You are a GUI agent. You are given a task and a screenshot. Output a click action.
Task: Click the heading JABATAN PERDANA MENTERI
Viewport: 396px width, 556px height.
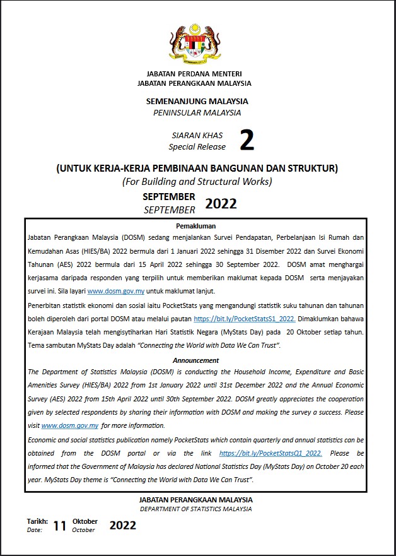[194, 74]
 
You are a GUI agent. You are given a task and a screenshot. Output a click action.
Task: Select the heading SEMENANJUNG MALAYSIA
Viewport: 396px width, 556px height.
[197, 101]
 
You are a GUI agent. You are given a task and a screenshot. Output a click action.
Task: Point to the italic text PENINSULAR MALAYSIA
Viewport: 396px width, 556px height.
[197, 112]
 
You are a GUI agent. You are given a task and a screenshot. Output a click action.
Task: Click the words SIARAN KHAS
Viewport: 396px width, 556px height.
[197, 136]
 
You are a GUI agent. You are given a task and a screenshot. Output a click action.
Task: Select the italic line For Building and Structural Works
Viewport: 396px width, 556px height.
[197, 182]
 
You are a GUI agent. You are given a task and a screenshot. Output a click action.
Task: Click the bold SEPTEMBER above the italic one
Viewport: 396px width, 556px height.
[169, 197]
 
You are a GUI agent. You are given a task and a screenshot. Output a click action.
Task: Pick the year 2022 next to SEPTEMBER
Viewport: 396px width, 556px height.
[221, 203]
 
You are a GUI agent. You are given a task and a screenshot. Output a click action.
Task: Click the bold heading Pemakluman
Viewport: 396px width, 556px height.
[195, 225]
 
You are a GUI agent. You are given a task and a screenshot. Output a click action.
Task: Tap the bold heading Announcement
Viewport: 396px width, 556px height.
[195, 360]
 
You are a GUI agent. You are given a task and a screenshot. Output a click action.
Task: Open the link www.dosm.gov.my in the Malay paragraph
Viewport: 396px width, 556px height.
[116, 291]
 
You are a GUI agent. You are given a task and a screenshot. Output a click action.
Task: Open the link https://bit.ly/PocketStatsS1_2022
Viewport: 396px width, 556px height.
[245, 319]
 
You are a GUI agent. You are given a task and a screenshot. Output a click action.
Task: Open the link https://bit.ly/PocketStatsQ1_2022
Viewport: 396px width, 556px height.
[271, 453]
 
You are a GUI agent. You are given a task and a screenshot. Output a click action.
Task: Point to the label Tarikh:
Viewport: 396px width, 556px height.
[37, 521]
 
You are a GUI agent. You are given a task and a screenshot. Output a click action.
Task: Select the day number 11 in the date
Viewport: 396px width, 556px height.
[59, 526]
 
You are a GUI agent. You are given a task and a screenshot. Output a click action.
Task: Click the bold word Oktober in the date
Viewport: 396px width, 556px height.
[85, 521]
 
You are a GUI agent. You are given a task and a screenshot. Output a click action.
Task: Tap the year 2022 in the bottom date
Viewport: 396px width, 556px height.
[122, 525]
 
